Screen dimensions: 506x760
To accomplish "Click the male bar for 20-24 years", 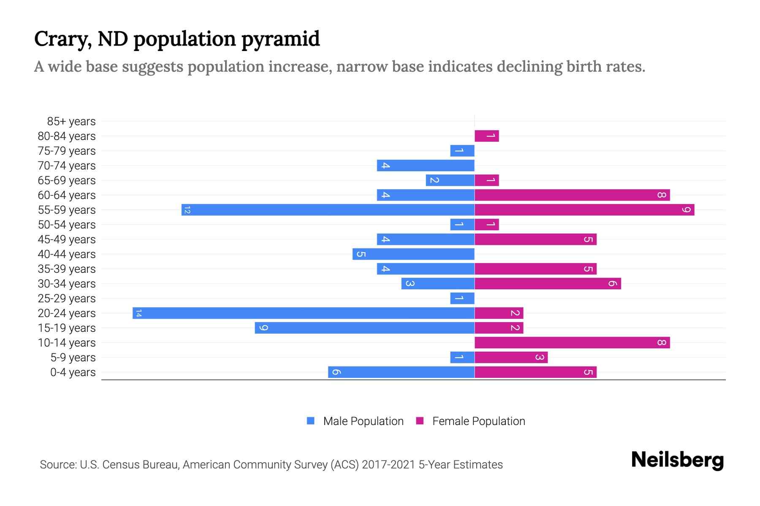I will pos(303,313).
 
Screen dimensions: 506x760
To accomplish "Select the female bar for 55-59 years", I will pos(584,210).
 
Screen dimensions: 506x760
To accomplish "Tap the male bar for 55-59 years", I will pos(328,210).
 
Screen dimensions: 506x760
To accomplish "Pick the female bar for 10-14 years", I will pos(572,342).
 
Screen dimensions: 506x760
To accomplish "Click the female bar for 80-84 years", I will pos(487,136).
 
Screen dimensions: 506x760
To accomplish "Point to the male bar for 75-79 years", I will pos(462,151).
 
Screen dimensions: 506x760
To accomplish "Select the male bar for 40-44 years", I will pos(413,254).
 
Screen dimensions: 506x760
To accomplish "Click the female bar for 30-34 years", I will pos(548,283).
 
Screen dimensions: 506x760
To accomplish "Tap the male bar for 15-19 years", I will pos(364,328).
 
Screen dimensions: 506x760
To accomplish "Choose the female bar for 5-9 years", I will pos(511,357).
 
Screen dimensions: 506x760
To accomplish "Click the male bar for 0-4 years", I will pos(401,372).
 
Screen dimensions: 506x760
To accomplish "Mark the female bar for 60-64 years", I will pos(572,195).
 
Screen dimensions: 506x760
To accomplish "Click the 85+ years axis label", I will pos(71,121).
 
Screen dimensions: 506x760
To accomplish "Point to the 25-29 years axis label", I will pos(67,299).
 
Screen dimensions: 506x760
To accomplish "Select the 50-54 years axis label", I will pos(67,225).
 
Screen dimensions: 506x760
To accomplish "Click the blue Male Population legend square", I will pos(311,421).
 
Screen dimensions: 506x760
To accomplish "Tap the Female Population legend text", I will pos(478,421).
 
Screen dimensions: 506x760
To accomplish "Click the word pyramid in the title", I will pos(281,39).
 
